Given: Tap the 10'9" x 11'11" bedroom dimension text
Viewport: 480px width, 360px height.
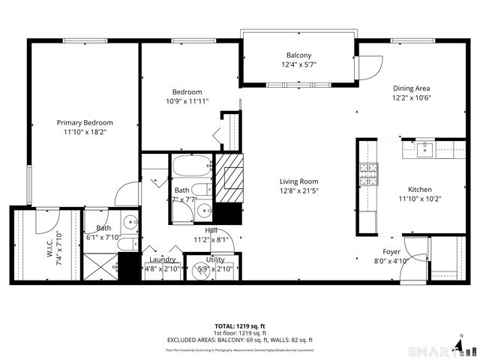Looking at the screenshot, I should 187,101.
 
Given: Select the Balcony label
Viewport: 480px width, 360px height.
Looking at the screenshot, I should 298,55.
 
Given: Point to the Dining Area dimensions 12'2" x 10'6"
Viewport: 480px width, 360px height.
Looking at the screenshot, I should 412,97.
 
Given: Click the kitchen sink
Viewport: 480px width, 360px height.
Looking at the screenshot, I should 425,148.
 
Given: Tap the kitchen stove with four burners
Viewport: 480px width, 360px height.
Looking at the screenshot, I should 368,175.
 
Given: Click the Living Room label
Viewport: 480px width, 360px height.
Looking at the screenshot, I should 299,181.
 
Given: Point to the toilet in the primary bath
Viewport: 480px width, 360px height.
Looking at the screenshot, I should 128,244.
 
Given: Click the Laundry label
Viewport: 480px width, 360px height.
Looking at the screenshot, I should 162,259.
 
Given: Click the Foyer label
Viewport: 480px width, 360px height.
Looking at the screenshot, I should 391,252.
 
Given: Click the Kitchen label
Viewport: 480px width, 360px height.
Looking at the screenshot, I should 421,189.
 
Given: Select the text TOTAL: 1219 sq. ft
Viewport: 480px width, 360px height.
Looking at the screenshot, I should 239,326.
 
